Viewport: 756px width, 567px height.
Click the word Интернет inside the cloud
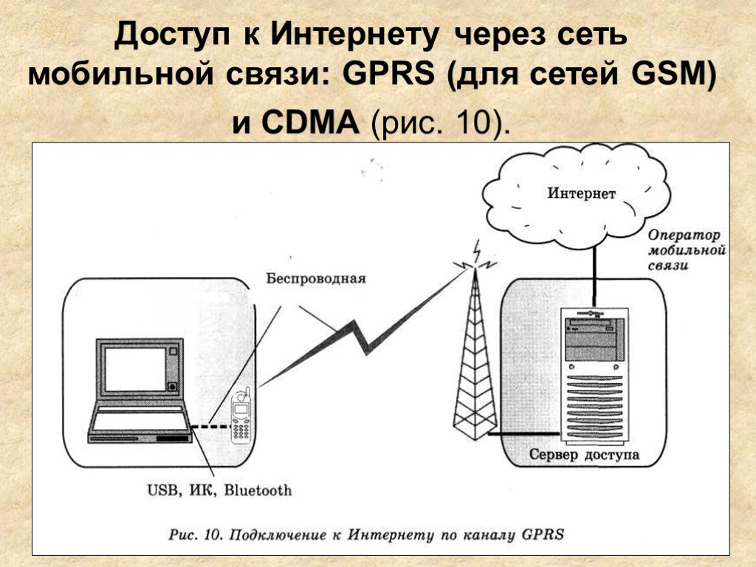581,194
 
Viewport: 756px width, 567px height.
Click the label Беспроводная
316,279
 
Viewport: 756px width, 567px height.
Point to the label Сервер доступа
584,455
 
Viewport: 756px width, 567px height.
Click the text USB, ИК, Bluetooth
219,489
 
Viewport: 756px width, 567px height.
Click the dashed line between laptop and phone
210,427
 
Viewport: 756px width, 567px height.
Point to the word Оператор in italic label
684,236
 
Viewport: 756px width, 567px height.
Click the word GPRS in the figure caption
543,534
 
